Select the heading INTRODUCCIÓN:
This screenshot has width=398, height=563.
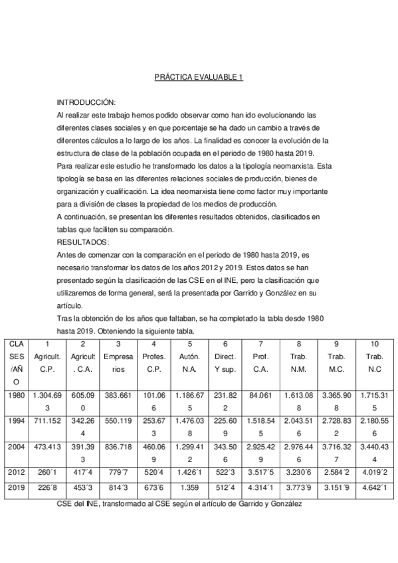(x=86, y=103)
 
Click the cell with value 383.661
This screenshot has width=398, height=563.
(x=118, y=395)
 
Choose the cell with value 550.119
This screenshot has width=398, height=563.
(x=118, y=420)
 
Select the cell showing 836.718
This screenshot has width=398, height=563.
(x=118, y=449)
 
